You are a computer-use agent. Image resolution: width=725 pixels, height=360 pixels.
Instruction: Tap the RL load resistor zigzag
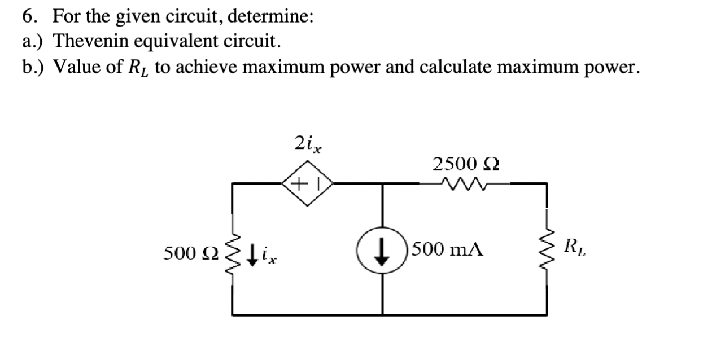[x=547, y=249]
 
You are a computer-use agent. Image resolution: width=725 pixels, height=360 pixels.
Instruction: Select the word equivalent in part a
[x=177, y=41]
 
